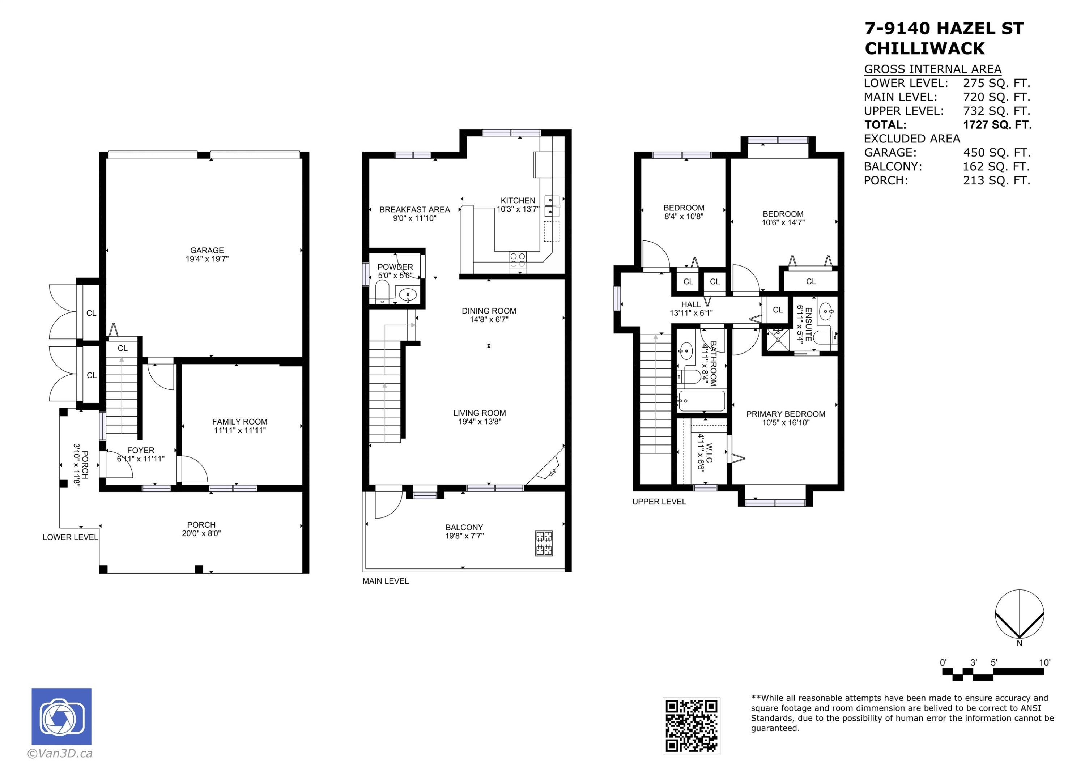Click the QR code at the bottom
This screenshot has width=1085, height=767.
click(692, 726)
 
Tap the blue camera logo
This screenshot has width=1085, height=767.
click(61, 716)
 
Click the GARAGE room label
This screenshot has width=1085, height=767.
click(207, 251)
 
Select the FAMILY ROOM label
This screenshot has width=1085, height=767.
click(239, 422)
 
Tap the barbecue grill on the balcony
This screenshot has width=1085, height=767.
click(544, 543)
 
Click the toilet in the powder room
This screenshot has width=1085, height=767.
click(382, 291)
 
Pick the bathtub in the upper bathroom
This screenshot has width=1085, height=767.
click(701, 401)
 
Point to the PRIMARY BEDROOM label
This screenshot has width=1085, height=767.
click(786, 414)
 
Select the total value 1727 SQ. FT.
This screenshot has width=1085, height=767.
click(997, 125)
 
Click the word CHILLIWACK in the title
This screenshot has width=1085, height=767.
click(924, 48)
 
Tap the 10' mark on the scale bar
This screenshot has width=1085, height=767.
click(1044, 662)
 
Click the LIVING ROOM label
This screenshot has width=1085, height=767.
click(479, 413)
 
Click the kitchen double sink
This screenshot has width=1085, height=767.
click(552, 205)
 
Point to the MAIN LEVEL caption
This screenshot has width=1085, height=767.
click(386, 581)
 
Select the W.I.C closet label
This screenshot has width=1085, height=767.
click(709, 453)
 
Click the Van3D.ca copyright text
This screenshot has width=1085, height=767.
click(60, 753)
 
